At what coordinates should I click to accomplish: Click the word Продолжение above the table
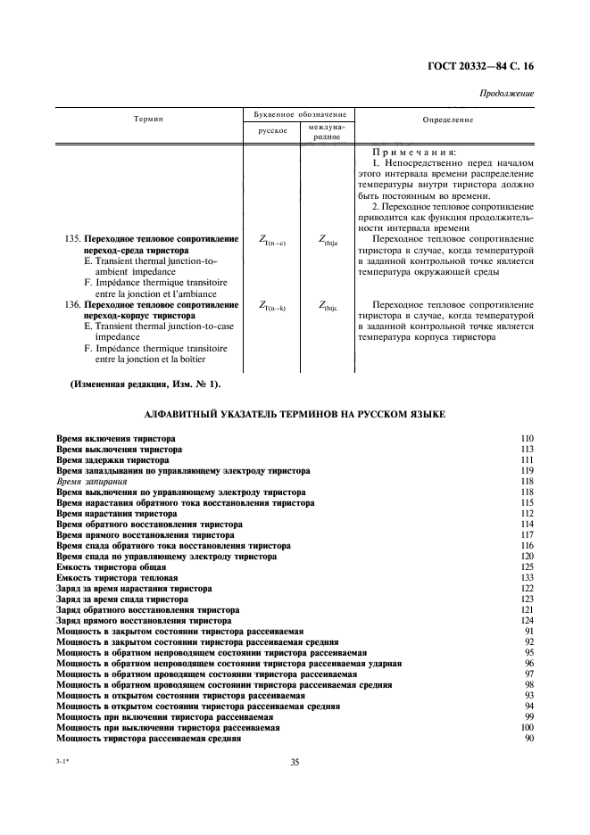(507, 93)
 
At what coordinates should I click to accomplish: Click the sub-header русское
(271, 130)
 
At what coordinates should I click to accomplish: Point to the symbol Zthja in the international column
(328, 240)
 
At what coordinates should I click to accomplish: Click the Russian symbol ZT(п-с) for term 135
(271, 240)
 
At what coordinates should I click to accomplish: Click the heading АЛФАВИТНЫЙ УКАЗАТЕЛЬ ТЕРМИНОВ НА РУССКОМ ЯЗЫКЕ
(295, 414)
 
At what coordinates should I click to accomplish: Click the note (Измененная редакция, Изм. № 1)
(145, 384)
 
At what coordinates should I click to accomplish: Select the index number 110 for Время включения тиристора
(527, 439)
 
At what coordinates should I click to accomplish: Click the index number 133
(527, 578)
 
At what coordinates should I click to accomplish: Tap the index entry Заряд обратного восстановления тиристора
(147, 610)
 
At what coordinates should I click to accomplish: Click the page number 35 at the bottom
(295, 761)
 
